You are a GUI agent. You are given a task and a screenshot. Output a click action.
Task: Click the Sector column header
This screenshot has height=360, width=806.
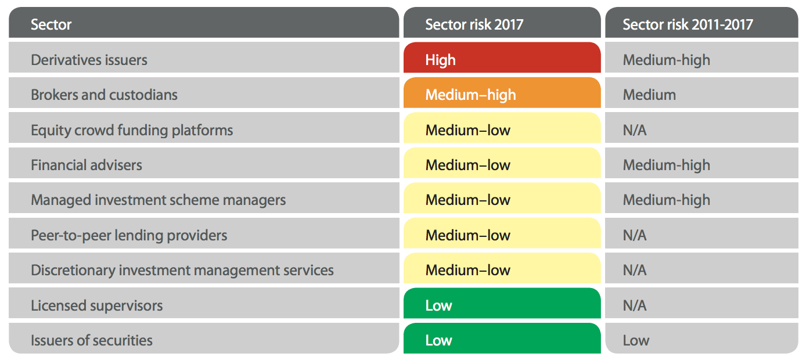click(x=51, y=24)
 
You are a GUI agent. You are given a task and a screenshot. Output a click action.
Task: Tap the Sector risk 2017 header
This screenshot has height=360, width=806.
click(x=474, y=24)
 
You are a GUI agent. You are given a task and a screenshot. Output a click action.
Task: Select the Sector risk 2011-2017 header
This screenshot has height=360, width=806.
click(x=688, y=24)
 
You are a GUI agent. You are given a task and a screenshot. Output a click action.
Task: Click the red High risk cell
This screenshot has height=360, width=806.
click(x=502, y=59)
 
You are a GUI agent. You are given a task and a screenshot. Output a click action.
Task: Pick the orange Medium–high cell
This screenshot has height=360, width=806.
click(x=502, y=94)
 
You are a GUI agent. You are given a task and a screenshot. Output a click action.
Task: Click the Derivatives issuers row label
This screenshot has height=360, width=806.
click(x=89, y=60)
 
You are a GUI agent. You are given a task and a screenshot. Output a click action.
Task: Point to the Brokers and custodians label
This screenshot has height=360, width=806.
click(x=104, y=95)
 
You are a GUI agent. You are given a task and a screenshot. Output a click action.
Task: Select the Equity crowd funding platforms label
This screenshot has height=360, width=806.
click(x=132, y=130)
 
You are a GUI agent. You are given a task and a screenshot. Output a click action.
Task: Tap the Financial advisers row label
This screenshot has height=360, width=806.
click(x=87, y=165)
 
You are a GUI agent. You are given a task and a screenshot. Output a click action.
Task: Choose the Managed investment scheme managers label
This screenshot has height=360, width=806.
click(x=158, y=200)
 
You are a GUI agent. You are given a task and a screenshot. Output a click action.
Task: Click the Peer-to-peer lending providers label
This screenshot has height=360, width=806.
click(x=129, y=235)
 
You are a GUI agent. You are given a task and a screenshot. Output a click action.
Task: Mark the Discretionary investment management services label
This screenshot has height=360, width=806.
click(x=182, y=270)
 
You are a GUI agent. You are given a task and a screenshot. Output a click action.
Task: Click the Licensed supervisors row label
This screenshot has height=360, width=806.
click(x=96, y=305)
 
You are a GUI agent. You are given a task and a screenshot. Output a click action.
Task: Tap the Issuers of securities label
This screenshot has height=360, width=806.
click(x=92, y=340)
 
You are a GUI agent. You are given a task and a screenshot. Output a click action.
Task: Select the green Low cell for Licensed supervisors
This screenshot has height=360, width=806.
click(x=502, y=305)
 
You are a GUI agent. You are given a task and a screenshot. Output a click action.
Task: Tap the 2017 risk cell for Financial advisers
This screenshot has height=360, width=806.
click(x=502, y=165)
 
